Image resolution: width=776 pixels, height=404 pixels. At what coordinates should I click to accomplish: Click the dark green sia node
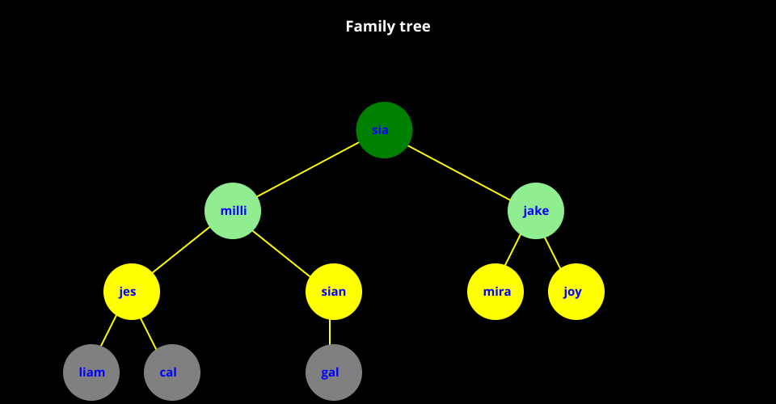[x=384, y=130]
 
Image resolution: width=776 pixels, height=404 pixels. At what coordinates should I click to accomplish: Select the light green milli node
[x=233, y=211]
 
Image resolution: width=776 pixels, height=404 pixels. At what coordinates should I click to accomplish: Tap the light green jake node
[x=536, y=211]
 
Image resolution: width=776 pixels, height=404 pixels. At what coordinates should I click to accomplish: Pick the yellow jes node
[x=132, y=292]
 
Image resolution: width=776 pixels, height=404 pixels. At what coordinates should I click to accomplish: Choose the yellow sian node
[x=334, y=292]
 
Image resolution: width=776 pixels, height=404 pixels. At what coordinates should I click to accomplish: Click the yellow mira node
[x=496, y=292]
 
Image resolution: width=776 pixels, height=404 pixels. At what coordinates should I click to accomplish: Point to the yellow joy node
[x=576, y=292]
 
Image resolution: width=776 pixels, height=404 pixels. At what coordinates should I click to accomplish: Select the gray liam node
[x=91, y=372]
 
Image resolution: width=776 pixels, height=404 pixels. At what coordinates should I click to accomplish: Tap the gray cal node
[x=172, y=372]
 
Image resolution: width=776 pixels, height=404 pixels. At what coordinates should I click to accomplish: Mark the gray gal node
[x=334, y=372]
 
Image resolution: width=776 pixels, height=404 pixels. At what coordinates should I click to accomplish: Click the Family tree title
[x=388, y=27]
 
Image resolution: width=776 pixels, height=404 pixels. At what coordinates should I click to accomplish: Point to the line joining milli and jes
[x=182, y=251]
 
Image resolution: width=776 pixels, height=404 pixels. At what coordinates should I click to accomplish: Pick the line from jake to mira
[x=513, y=250]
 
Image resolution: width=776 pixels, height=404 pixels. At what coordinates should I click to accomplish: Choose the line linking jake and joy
[x=552, y=250]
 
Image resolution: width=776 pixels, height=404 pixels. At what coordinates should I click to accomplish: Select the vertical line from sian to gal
[x=330, y=332]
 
